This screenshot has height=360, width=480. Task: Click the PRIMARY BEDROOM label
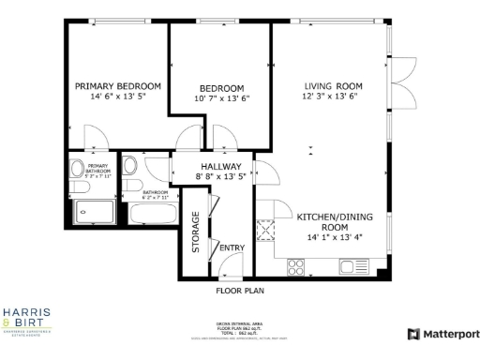[x=118, y=85]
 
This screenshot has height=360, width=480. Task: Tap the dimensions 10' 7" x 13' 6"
[x=221, y=98]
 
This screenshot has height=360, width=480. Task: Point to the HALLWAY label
[x=221, y=166]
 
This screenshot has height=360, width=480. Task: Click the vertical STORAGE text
[x=196, y=232]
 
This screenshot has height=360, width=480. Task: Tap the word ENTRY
[x=231, y=247]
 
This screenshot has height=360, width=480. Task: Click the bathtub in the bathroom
[x=151, y=212]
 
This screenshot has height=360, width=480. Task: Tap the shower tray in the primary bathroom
[x=94, y=212]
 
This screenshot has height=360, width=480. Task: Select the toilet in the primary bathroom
[x=78, y=171]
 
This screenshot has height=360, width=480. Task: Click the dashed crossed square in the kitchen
[x=265, y=228]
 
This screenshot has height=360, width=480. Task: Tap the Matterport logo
[x=442, y=334]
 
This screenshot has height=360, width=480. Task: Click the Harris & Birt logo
[x=27, y=318]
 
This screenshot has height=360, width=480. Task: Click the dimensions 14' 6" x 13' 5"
[x=118, y=97]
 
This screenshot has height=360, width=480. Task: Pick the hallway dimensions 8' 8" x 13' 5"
[x=221, y=176]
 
